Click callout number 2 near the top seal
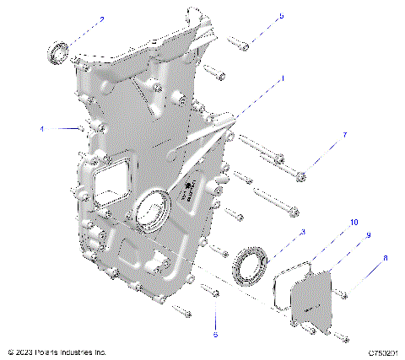click(102, 18)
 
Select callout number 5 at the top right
click(281, 16)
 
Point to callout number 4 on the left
click(40, 129)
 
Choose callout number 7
click(344, 135)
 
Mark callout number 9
click(368, 236)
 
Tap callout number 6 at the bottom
click(215, 334)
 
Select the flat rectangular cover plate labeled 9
click(312, 305)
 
